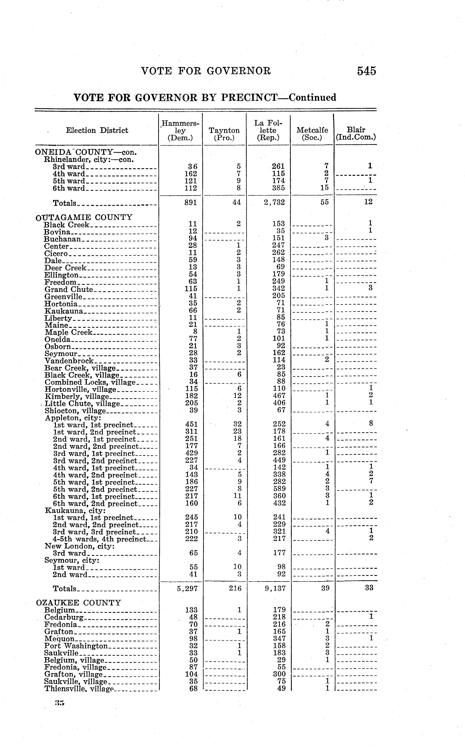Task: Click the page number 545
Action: (x=366, y=71)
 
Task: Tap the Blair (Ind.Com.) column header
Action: (x=356, y=134)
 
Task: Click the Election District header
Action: (x=97, y=131)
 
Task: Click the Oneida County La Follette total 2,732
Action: (x=275, y=202)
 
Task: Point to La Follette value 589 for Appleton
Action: (x=279, y=489)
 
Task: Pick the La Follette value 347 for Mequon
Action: (x=279, y=638)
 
